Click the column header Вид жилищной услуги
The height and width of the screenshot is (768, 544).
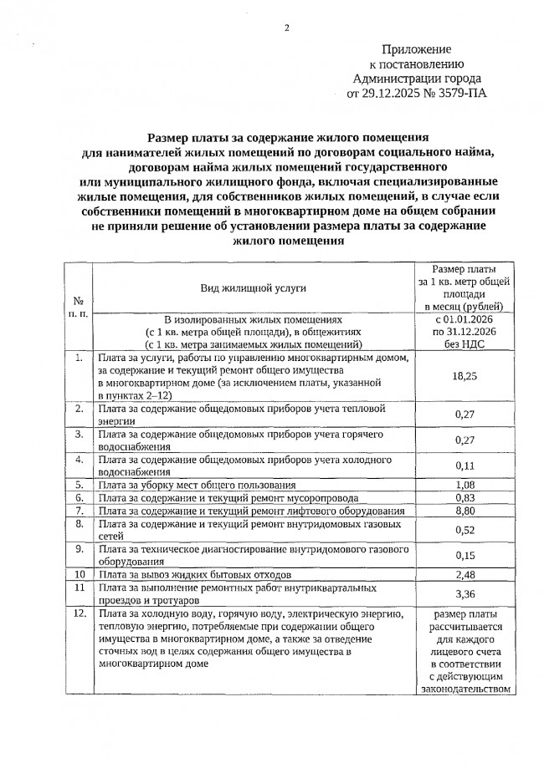point(253,288)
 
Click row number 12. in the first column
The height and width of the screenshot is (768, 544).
point(78,614)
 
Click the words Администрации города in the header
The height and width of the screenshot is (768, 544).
point(417,79)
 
